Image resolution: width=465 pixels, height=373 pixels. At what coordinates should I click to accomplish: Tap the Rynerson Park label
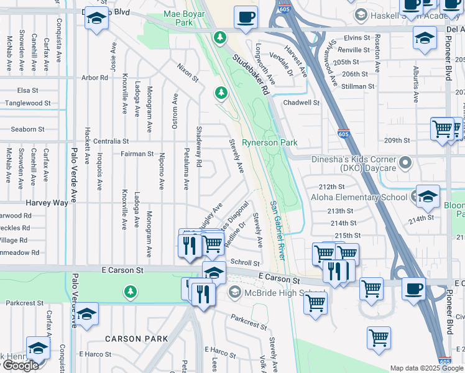(x=269, y=142)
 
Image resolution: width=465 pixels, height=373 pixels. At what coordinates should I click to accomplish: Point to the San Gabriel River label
(x=277, y=230)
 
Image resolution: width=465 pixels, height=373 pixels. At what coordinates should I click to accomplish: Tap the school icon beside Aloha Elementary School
(x=427, y=196)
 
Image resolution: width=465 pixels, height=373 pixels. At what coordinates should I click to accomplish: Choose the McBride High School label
(x=276, y=294)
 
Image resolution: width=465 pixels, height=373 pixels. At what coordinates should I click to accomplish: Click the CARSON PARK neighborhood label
(x=136, y=339)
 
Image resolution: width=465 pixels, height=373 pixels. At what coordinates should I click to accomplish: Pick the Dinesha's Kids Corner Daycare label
(x=352, y=163)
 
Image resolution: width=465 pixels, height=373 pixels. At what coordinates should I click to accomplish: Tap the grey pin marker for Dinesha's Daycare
(x=406, y=163)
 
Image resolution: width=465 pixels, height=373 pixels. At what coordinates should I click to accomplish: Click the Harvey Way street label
(x=47, y=203)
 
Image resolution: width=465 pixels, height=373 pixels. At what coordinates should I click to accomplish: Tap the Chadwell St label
(x=301, y=103)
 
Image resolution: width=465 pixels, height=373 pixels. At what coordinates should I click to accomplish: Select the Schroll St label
(x=245, y=263)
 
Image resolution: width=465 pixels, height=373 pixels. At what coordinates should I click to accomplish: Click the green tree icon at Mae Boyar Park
(x=219, y=38)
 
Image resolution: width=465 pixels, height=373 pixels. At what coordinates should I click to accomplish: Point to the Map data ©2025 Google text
(x=426, y=368)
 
